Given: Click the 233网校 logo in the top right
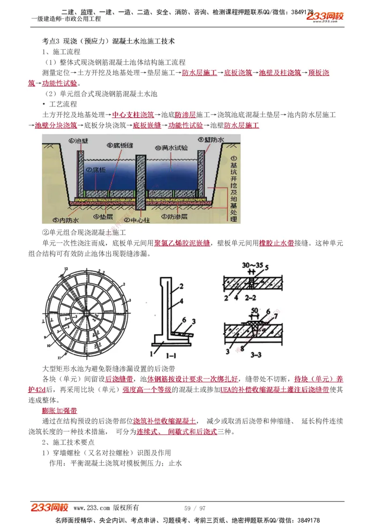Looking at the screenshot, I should [x=325, y=16].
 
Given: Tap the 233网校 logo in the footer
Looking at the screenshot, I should [x=50, y=508].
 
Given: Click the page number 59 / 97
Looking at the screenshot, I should [x=195, y=508].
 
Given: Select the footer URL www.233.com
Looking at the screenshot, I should [x=92, y=508].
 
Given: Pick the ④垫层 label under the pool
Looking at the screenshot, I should [x=103, y=217].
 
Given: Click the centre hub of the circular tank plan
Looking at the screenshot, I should [x=87, y=312].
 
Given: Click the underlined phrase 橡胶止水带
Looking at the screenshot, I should [x=277, y=243].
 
